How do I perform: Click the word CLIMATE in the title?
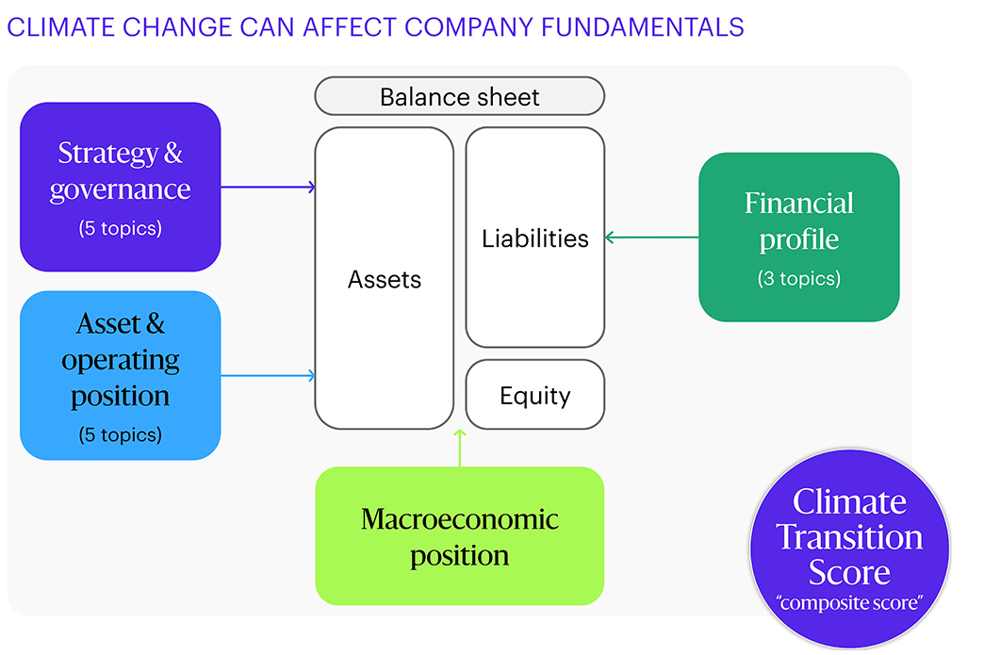[52, 27]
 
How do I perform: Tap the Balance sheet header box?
[459, 96]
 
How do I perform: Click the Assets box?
[384, 279]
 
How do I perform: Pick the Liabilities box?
[534, 238]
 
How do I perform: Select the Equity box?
[534, 395]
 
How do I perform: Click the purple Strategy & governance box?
[120, 187]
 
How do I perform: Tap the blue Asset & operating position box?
[120, 375]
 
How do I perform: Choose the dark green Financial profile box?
[798, 237]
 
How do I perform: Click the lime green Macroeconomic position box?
[459, 535]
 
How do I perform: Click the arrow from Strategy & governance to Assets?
[268, 187]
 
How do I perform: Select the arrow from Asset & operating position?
[268, 375]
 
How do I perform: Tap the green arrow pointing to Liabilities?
[651, 237]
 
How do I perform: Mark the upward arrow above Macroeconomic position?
[459, 448]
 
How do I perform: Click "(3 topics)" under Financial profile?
[798, 279]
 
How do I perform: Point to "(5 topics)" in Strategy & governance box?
[120, 227]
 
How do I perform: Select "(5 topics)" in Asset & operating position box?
[120, 434]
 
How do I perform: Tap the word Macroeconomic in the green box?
[459, 518]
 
